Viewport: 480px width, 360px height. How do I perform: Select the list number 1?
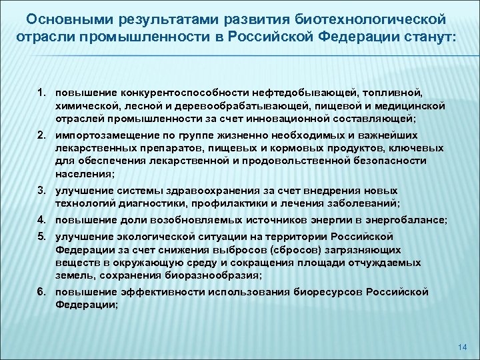[x=41, y=89]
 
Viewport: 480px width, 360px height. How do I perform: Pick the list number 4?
[x=41, y=220]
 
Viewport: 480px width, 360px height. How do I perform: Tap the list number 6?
[x=41, y=292]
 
